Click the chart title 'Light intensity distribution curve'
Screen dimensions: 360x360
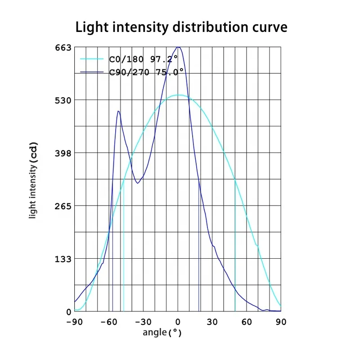[x=181, y=27]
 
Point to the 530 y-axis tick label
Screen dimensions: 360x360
[x=63, y=100]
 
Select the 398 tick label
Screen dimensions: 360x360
[x=63, y=153]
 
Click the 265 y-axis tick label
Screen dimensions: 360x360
[x=63, y=206]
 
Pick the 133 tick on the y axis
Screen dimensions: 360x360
[x=63, y=259]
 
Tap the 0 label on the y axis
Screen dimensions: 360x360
[x=69, y=311]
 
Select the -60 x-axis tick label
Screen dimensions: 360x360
[x=108, y=322]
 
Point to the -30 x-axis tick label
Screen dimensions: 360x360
[x=143, y=322]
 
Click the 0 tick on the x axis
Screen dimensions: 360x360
[x=178, y=322]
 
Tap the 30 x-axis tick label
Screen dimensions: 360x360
[x=212, y=322]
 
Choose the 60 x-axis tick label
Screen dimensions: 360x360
[x=247, y=322]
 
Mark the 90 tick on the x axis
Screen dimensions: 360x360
[x=281, y=322]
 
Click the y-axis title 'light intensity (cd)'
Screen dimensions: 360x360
[x=33, y=180]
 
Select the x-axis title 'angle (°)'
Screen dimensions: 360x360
[x=162, y=333]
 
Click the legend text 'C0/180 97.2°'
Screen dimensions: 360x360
[x=146, y=59]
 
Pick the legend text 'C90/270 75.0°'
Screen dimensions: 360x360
[x=146, y=71]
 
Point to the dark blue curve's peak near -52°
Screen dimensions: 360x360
[x=118, y=111]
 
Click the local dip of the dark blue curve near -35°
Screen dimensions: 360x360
[x=138, y=183]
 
